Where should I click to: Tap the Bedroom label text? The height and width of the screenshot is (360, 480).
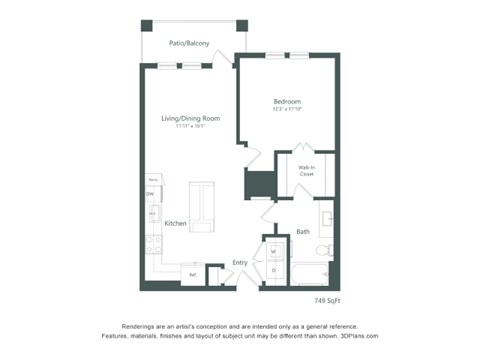click(x=287, y=102)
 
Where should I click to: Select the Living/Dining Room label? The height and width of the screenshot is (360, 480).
click(x=190, y=118)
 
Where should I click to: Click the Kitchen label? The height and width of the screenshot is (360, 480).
click(x=176, y=224)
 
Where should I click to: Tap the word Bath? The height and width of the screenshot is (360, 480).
click(x=302, y=232)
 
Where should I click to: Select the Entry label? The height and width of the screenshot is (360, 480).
click(x=240, y=263)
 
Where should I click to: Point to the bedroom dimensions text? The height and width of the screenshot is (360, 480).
click(x=287, y=111)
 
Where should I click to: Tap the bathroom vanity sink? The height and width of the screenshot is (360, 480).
click(x=327, y=219)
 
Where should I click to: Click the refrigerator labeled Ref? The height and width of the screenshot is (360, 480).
click(x=193, y=273)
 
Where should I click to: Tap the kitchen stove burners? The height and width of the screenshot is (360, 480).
click(x=151, y=240)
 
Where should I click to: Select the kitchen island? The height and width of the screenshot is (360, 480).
click(x=201, y=207)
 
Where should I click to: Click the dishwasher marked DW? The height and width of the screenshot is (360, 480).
click(x=151, y=193)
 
